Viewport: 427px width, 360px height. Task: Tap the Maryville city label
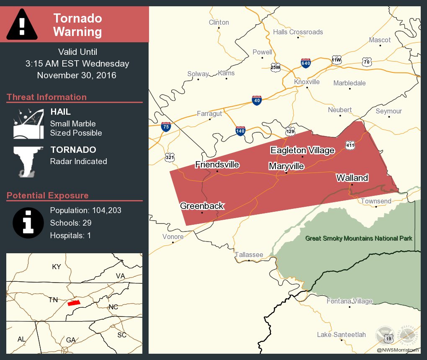click(x=286, y=166)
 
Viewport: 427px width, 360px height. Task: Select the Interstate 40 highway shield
click(x=257, y=100)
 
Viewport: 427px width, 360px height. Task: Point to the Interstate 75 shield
click(x=166, y=127)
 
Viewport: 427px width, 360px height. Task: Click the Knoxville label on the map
click(x=306, y=82)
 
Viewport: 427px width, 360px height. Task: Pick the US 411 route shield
click(x=350, y=145)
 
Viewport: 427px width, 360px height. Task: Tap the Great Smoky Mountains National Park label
click(x=359, y=238)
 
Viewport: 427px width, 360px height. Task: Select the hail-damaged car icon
click(x=28, y=123)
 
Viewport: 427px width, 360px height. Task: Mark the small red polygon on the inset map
click(x=74, y=303)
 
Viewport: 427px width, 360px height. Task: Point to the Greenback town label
click(x=202, y=206)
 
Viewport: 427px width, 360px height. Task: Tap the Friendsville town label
click(x=217, y=165)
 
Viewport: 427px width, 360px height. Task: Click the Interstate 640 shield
click(x=306, y=63)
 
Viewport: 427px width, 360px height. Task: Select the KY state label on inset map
click(x=56, y=267)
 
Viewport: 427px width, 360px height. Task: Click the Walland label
click(x=352, y=178)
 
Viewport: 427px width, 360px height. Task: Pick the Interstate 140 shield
click(x=240, y=131)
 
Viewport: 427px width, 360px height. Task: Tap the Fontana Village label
click(x=350, y=301)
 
